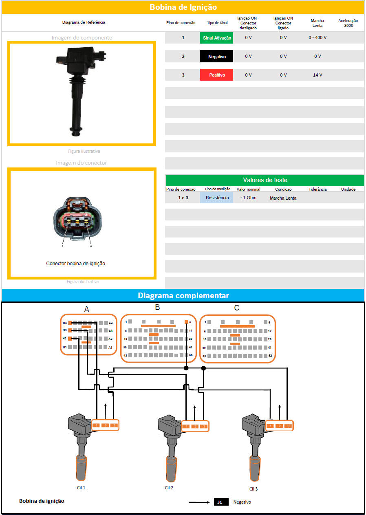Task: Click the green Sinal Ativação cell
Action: coord(216,38)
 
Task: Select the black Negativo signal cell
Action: coord(216,56)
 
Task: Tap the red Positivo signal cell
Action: coord(216,75)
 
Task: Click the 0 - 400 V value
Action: coord(317,38)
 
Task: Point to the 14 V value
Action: coord(317,75)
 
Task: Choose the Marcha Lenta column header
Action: coord(317,23)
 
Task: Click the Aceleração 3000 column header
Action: coord(348,23)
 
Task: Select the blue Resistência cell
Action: coord(216,198)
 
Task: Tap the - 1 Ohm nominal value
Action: coord(248,198)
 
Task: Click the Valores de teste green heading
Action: coord(265,180)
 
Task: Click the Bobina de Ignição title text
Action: coord(183,7)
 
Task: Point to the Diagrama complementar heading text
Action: coord(183,295)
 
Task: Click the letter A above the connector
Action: coord(86,309)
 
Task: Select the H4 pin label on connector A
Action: coord(64,323)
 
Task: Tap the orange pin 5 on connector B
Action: coord(187,322)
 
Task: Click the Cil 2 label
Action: coord(169,487)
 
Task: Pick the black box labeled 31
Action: coord(220,502)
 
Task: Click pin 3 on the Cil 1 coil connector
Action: coord(114,425)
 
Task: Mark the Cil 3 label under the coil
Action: coord(254,489)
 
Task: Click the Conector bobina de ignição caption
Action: coord(76,264)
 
